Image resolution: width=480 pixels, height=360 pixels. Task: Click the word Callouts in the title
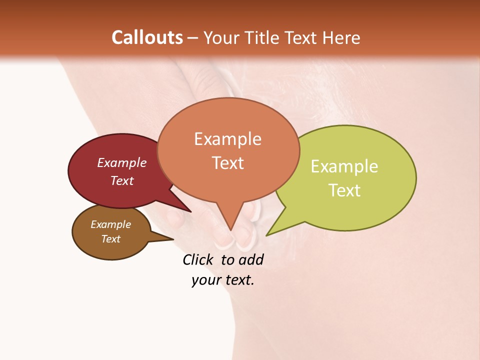click(x=147, y=37)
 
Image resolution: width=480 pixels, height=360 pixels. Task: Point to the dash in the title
click(x=192, y=38)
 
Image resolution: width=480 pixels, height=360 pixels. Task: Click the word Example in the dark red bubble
click(x=121, y=163)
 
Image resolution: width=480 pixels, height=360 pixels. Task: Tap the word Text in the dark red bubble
click(x=121, y=181)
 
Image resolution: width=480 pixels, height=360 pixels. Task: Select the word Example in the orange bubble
click(x=227, y=139)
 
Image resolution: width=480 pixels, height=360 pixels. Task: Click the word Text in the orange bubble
click(x=227, y=163)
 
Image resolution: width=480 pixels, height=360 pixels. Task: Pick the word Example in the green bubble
click(x=344, y=166)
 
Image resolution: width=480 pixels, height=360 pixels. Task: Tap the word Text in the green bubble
click(x=344, y=190)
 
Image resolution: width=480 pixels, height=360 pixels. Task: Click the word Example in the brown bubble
click(x=110, y=224)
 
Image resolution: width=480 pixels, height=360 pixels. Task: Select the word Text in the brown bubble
click(x=110, y=239)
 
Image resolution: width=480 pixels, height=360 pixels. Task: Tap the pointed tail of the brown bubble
click(x=170, y=239)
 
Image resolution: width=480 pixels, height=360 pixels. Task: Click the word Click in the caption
click(x=198, y=259)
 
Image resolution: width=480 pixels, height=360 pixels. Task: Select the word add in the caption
click(x=250, y=259)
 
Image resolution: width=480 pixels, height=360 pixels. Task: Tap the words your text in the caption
click(x=222, y=280)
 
